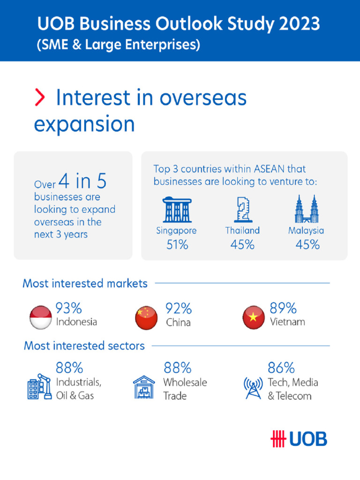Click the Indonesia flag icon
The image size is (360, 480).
coord(40,317)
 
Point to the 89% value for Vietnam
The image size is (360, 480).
coord(283,308)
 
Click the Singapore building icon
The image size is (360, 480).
coord(177,210)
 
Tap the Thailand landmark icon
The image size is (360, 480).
coord(242,210)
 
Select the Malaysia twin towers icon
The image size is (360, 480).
coord(307,210)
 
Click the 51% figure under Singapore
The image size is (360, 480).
coord(177,245)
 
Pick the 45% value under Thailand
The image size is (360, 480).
coord(242,245)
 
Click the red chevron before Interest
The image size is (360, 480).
coord(40,97)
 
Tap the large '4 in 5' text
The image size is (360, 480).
coord(82,181)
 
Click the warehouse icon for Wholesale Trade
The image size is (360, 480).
coord(144,388)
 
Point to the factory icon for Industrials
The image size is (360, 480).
coord(38,387)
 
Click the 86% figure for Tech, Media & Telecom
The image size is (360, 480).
coord(281,367)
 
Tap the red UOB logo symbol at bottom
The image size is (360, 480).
coord(278,439)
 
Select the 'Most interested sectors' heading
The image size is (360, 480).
coord(84,346)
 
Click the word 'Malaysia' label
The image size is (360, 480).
coord(306,231)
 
